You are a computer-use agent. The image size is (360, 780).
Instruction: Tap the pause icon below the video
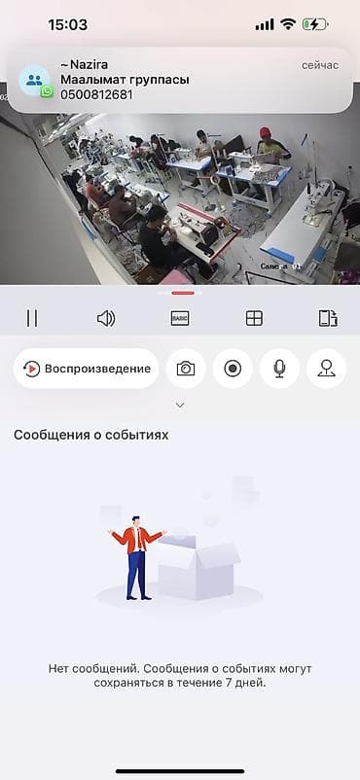[32, 318]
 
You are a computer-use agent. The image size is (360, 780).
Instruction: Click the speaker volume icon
[106, 318]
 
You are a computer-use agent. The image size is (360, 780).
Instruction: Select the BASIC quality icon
[180, 318]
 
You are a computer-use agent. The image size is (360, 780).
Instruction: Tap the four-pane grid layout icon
[254, 318]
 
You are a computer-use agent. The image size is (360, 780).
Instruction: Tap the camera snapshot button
[185, 369]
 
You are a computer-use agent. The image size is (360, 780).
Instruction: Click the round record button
[233, 369]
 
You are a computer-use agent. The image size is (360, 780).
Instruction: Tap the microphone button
[279, 369]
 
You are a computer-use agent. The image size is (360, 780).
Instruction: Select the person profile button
[326, 369]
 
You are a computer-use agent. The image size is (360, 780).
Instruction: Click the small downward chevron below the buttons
[180, 405]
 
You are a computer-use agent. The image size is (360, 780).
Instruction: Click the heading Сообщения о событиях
[91, 435]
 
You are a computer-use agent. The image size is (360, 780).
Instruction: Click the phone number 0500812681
[96, 94]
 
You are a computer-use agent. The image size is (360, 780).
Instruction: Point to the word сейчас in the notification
[320, 64]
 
